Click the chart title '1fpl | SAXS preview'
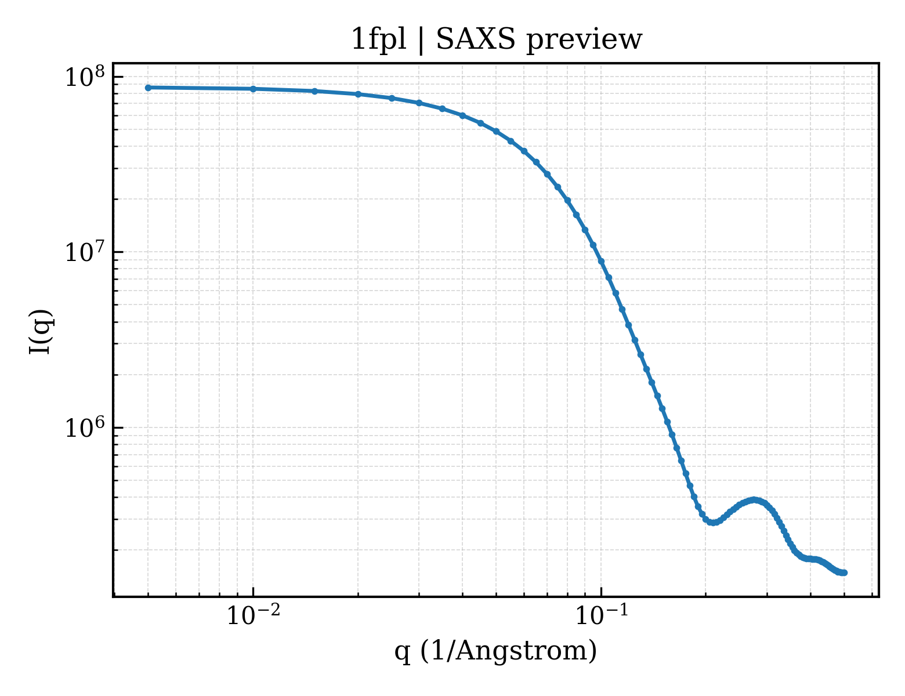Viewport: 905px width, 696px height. point(496,39)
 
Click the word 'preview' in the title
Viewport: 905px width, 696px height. point(584,41)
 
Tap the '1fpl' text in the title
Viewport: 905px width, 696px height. point(379,39)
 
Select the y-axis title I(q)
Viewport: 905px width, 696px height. point(41,331)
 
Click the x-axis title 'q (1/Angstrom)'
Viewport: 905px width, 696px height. point(495,651)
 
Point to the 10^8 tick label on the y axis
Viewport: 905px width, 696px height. point(85,77)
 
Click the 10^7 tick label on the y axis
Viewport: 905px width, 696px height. point(85,252)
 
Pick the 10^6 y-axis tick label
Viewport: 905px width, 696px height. point(85,427)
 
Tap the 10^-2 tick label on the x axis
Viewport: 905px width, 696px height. point(253,615)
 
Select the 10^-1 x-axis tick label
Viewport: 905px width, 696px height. point(602,615)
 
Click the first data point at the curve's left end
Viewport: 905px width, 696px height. point(149,88)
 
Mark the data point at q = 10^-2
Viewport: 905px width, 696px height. point(253,89)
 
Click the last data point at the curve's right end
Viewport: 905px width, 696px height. point(844,573)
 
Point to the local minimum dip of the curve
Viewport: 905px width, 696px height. point(713,523)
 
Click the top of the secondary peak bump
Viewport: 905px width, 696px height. point(754,500)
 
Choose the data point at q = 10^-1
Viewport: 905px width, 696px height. point(602,262)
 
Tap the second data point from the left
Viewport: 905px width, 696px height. point(253,89)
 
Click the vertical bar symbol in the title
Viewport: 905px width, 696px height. point(421,41)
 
